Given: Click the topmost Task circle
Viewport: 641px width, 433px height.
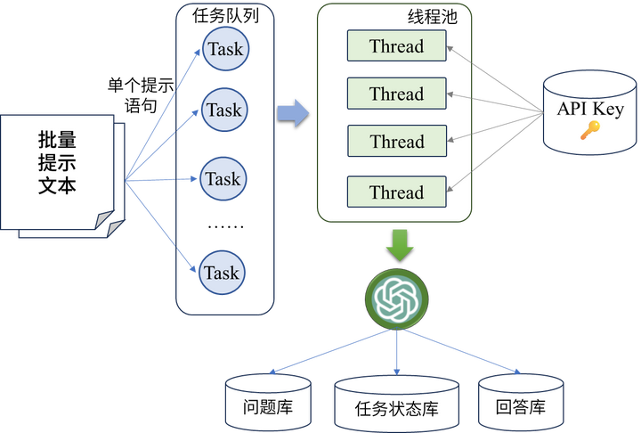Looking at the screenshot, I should pyautogui.click(x=224, y=49).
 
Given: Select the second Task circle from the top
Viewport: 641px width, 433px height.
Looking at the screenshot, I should pyautogui.click(x=223, y=110).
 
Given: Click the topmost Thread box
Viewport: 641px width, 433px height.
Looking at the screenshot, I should pyautogui.click(x=396, y=46).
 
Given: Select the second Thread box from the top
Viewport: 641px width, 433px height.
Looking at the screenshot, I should pyautogui.click(x=396, y=94).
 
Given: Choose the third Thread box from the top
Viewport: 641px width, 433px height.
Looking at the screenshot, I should pyautogui.click(x=396, y=141).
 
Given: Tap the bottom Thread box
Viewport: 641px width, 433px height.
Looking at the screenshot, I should pyautogui.click(x=396, y=192).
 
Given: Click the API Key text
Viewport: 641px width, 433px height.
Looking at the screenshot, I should pyautogui.click(x=590, y=109).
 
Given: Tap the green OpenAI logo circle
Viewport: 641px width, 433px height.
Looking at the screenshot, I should pyautogui.click(x=397, y=298).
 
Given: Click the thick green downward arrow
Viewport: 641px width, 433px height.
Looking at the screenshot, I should pyautogui.click(x=399, y=243).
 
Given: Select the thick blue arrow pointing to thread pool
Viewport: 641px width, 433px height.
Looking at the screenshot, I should pyautogui.click(x=293, y=113).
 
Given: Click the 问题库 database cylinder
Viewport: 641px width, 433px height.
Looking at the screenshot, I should pyautogui.click(x=268, y=400).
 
